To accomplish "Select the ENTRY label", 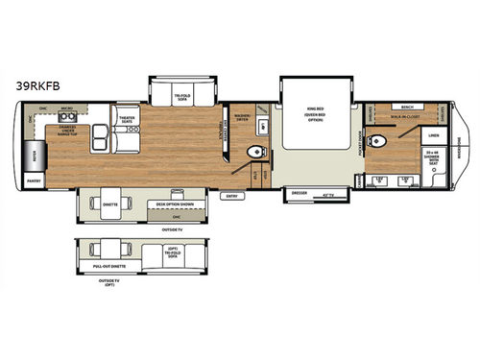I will click(230, 197).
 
